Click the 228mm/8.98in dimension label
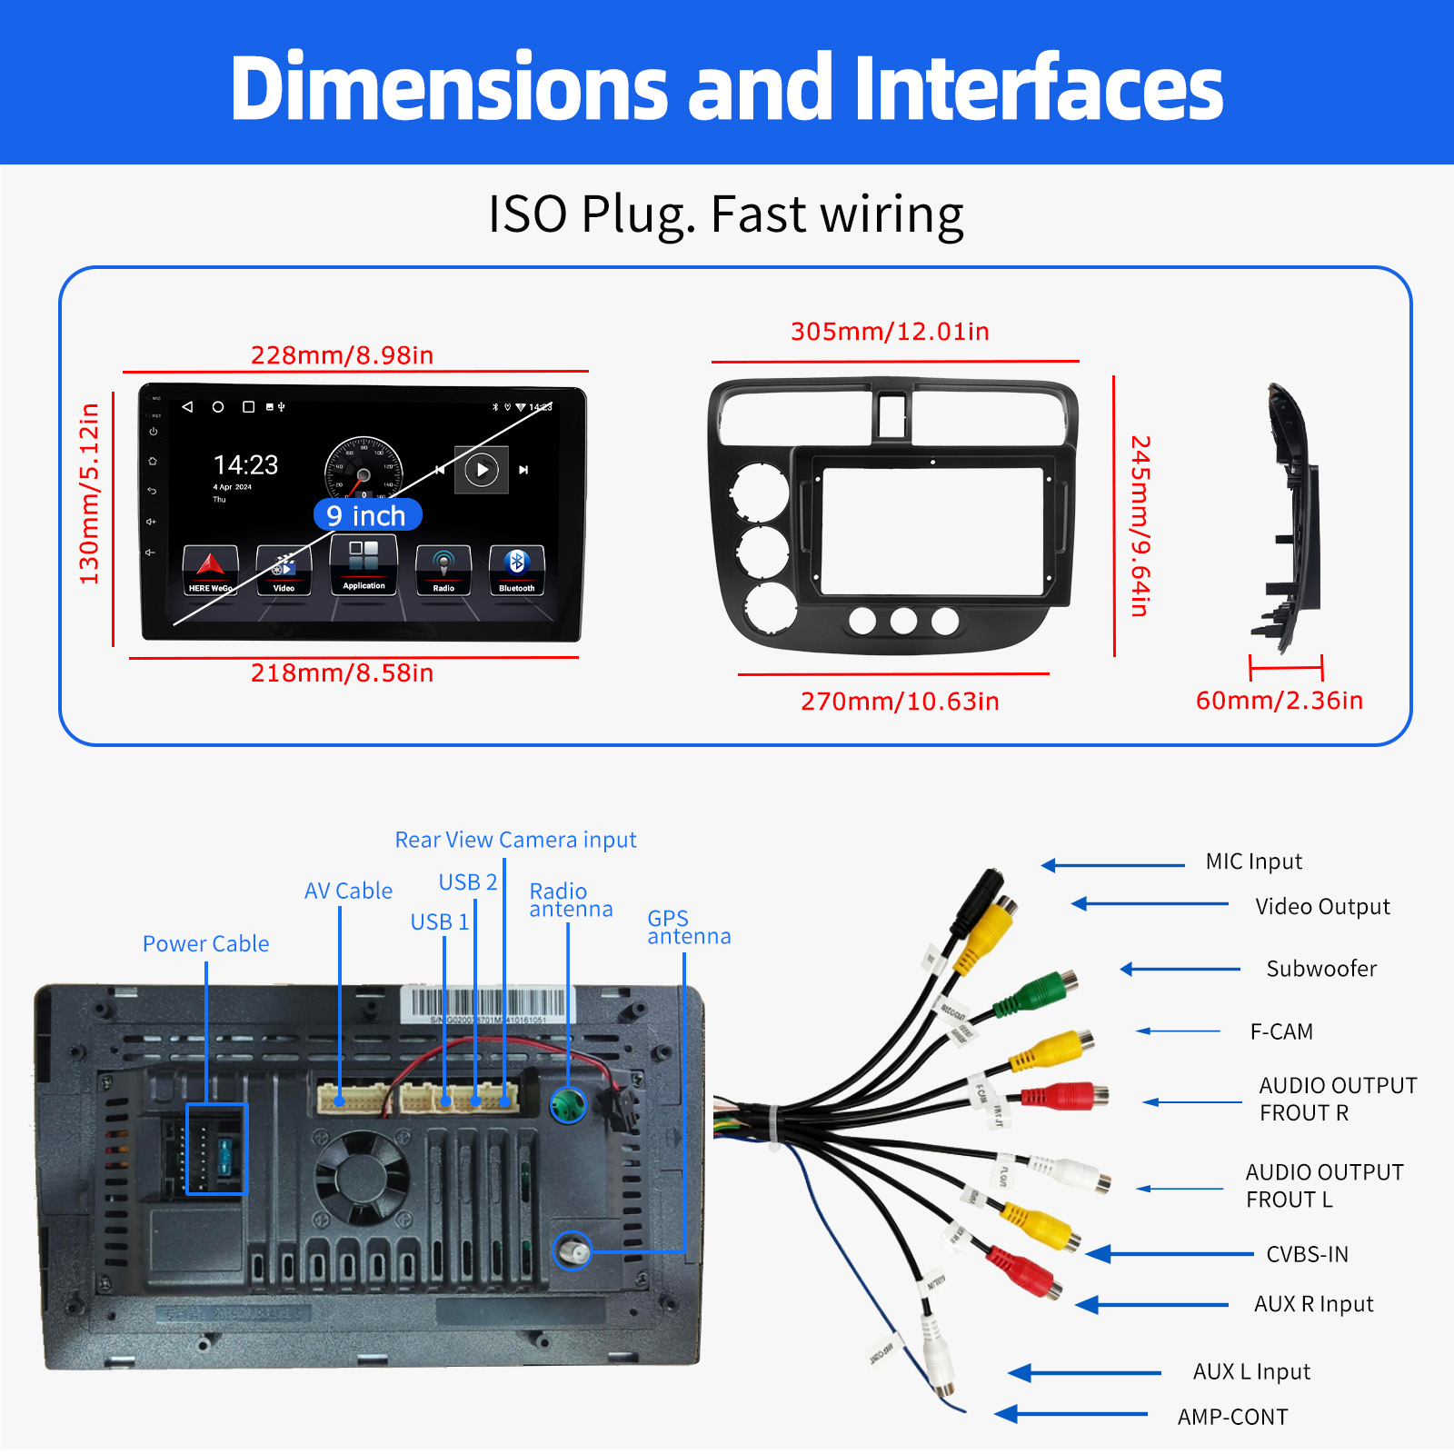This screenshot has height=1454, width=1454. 342,354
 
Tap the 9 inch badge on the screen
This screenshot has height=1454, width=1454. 367,515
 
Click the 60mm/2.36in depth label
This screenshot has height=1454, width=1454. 1279,700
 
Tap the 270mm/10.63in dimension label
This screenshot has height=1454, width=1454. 900,701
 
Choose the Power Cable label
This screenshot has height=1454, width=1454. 205,943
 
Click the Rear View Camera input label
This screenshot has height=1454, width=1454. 515,840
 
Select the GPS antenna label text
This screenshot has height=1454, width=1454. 688,927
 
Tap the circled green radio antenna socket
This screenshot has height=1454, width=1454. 568,1104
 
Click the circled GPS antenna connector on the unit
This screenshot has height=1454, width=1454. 573,1251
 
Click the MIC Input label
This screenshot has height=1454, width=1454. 1253,861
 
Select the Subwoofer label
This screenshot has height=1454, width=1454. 1321,969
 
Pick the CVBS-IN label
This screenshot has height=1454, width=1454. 1307,1254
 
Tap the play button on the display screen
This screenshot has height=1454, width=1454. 482,470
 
